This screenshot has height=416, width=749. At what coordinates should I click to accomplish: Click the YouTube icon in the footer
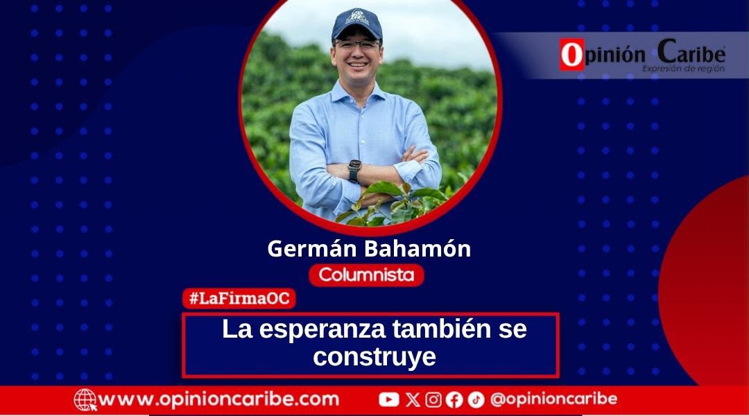pos(389,399)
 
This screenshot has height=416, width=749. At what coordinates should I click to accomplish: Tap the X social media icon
pos(413,400)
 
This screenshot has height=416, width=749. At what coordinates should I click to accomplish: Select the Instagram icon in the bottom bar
pos(433,400)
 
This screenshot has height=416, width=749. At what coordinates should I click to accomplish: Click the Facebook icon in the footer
pos(454,400)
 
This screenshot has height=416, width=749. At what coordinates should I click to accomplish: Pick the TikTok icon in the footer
pos(476,400)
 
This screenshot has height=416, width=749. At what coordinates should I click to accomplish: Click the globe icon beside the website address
pos(85,400)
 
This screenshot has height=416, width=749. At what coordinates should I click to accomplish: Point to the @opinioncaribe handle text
pos(553,399)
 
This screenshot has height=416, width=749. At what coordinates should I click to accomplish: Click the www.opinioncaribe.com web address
pos(218,399)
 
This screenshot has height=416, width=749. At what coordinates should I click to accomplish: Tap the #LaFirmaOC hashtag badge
pos(239,299)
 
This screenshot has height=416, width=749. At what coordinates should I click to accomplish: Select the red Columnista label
pos(366,275)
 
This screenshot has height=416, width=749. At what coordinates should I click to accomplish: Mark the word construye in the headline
pos(374,356)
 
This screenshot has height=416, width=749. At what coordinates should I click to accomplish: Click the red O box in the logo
pos(572,55)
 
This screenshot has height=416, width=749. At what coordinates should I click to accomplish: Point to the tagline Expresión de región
pos(683,69)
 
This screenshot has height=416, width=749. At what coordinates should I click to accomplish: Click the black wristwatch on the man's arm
pos(354,171)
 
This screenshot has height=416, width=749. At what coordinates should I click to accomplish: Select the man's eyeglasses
pos(357,45)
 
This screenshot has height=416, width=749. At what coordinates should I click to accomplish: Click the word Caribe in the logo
pos(691,52)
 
